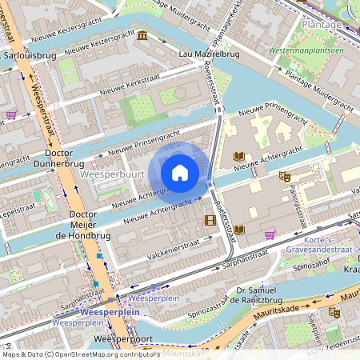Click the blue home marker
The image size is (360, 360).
coord(180,173)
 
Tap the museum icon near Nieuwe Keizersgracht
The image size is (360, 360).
coord(142,36)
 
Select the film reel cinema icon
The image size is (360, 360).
coord(210,220)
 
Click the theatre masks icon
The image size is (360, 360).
coord(284,176)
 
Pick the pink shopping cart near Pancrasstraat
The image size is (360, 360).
coord(270,234)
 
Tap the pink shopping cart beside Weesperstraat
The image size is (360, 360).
coord(11,114)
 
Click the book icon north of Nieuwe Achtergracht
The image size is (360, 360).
coord(237,156)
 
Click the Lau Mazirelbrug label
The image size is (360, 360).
coord(210,54)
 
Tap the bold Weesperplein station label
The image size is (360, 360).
coord(98,311)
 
